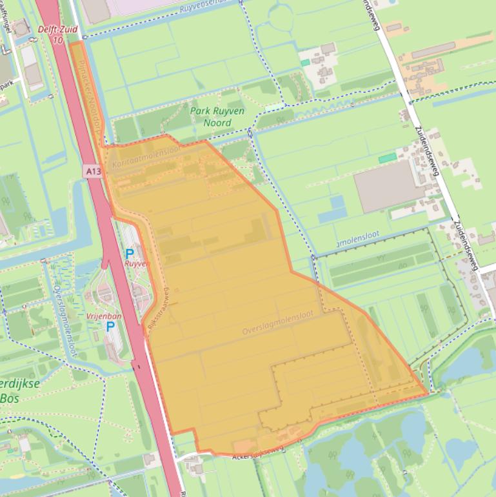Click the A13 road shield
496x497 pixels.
pyautogui.click(x=92, y=171)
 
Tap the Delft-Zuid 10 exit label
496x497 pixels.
pyautogui.click(x=57, y=35)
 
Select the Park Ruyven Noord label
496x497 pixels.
pyautogui.click(x=217, y=117)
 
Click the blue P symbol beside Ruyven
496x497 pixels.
pyautogui.click(x=130, y=254)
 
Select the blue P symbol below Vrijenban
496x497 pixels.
pyautogui.click(x=110, y=327)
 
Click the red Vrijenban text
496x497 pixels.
pyautogui.click(x=104, y=316)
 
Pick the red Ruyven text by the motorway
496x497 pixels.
pyautogui.click(x=136, y=264)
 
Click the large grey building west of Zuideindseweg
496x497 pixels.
pyautogui.click(x=389, y=187)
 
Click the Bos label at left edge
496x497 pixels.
pyautogui.click(x=9, y=398)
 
